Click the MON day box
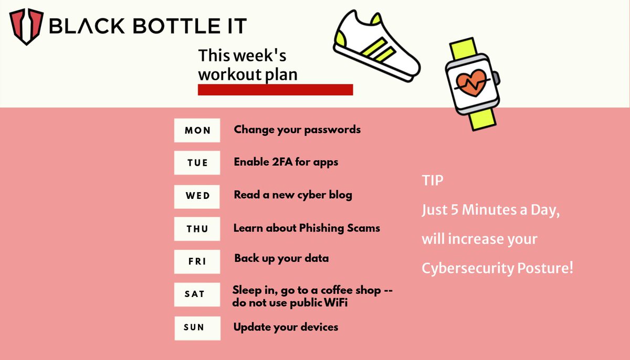[197, 130]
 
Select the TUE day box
[197, 163]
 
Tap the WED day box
[197, 196]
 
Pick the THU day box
[197, 229]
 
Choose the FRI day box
[197, 261]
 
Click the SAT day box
[197, 294]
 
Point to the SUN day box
[197, 327]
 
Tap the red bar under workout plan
[275, 90]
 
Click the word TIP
[433, 181]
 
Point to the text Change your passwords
[297, 129]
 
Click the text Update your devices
[286, 327]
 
